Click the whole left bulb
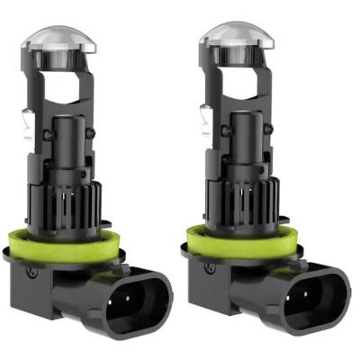click(x=85, y=180)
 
